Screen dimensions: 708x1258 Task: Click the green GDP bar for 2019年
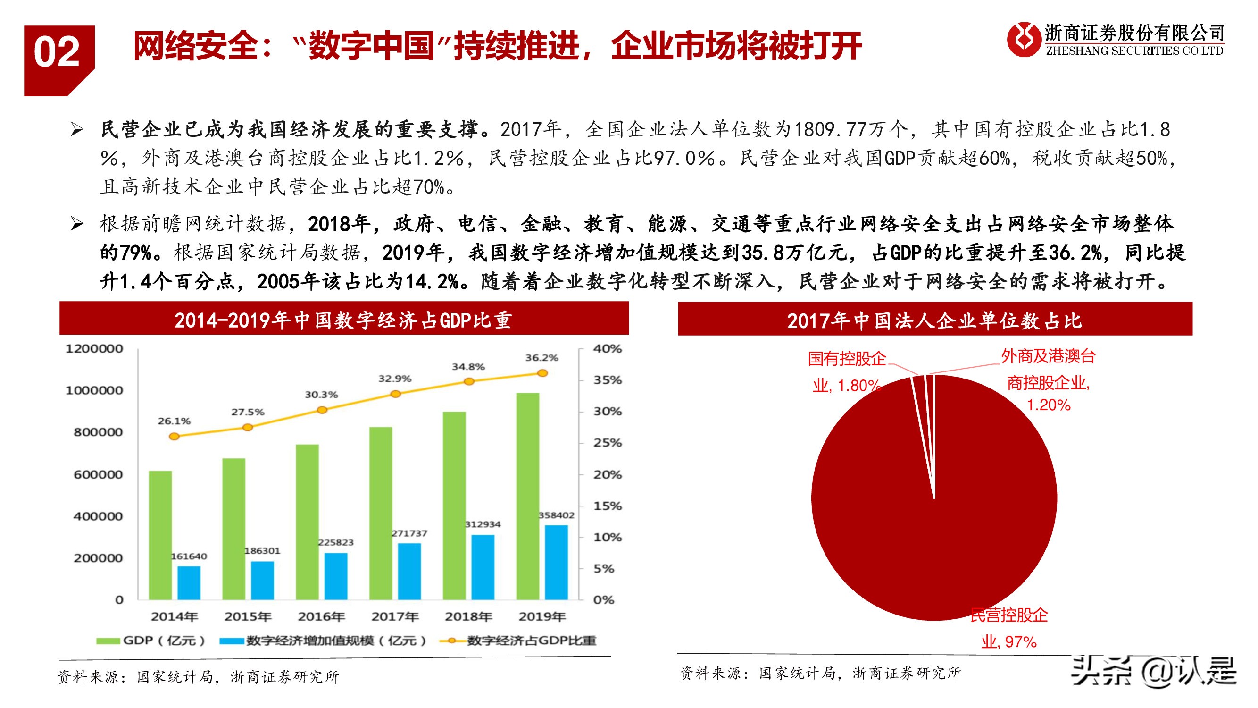tap(527, 496)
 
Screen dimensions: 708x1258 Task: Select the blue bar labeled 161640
tap(189, 582)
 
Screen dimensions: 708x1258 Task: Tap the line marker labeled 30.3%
tap(322, 410)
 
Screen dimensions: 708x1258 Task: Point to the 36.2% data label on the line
tap(542, 358)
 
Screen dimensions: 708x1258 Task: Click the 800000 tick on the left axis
tap(98, 432)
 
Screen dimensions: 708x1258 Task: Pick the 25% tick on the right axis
tap(607, 443)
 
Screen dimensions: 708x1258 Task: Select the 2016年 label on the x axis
tap(321, 616)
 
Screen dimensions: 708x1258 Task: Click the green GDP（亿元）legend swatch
tap(108, 641)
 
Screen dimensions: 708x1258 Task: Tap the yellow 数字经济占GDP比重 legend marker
tap(452, 641)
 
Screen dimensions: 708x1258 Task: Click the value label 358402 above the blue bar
tap(556, 515)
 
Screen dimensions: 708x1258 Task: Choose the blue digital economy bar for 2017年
tap(409, 571)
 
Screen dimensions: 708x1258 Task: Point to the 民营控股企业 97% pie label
tap(1009, 628)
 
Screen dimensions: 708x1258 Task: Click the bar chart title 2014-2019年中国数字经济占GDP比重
tap(343, 320)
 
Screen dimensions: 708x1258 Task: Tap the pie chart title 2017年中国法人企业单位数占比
tap(935, 320)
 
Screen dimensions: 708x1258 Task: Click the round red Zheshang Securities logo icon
tap(1023, 39)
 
